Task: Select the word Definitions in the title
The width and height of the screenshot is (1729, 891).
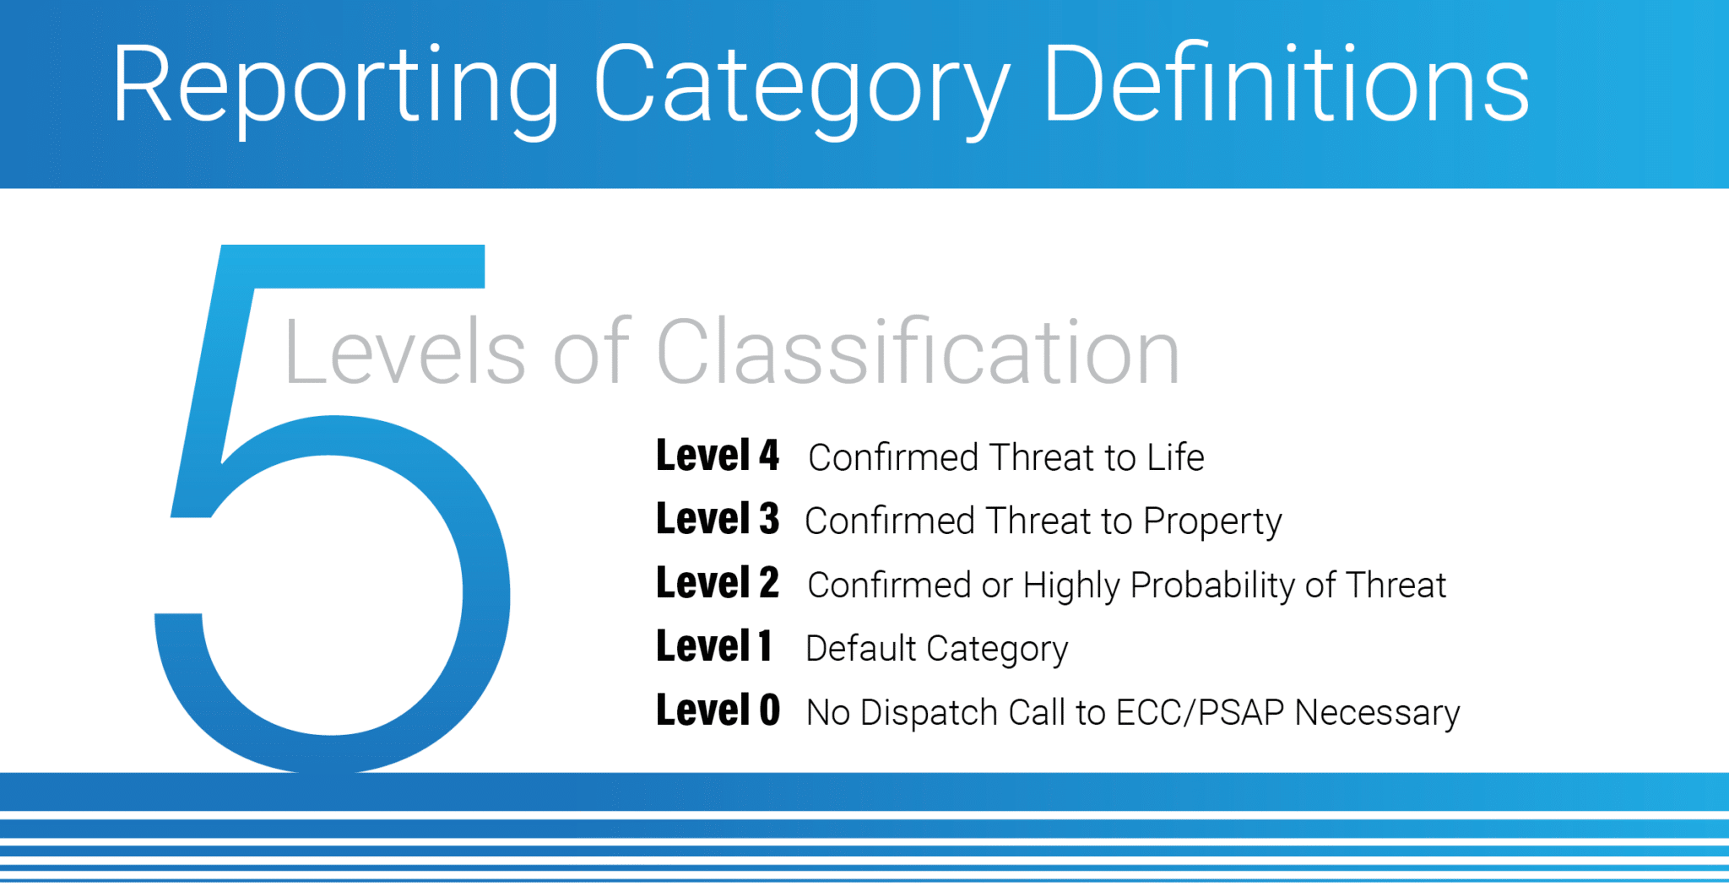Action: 1285,84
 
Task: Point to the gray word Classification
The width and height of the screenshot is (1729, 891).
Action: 918,353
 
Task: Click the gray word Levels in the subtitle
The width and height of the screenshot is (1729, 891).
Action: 404,353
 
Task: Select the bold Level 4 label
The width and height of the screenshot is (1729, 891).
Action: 717,456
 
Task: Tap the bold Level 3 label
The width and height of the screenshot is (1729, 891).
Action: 717,520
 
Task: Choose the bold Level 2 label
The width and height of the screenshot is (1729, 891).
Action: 717,584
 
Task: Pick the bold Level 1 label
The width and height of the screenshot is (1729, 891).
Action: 713,647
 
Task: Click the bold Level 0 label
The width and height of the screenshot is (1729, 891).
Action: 717,711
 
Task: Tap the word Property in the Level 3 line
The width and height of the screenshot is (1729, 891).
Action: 1211,522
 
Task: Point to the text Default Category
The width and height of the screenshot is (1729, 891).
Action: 936,649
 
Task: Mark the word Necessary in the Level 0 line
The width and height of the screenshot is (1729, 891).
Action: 1377,714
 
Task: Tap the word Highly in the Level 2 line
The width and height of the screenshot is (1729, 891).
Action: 1070,586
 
